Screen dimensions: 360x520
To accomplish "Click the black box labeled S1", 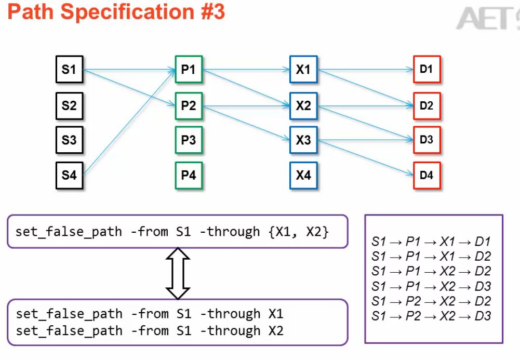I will click(69, 70).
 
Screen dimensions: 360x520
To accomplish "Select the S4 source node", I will click(69, 175).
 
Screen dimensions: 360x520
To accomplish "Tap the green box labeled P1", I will click(189, 70).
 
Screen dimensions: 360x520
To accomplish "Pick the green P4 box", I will click(189, 176).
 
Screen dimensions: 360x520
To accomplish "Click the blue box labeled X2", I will click(303, 106).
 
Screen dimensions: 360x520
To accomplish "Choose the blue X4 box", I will click(303, 176).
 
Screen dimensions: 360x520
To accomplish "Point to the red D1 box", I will click(426, 70).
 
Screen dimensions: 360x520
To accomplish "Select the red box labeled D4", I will click(426, 176).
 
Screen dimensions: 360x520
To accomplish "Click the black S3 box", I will click(69, 140).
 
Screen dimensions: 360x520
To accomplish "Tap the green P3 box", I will click(189, 140).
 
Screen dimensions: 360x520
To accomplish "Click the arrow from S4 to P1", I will click(130, 122).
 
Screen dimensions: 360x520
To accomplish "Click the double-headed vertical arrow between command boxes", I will click(178, 273).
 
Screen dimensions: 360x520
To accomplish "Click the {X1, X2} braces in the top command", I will click(299, 232).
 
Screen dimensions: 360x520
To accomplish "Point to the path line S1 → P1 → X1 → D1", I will click(431, 242).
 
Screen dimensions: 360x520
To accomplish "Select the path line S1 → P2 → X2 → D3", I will click(431, 316).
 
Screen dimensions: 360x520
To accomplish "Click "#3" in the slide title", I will click(208, 11).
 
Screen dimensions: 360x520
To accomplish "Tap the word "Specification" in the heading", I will click(123, 11).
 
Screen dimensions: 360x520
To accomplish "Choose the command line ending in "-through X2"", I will click(150, 331).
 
